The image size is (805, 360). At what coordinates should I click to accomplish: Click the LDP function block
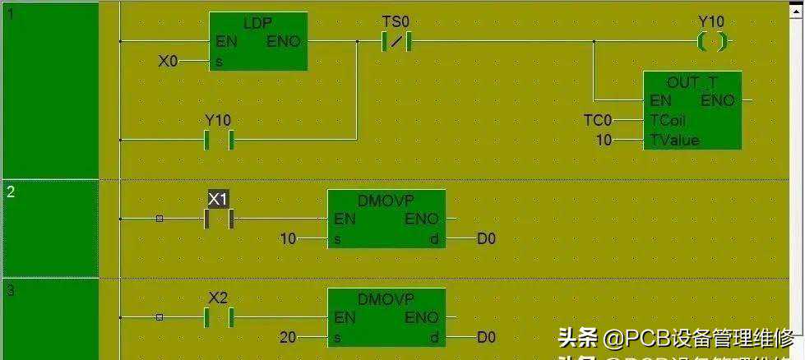pos(258,41)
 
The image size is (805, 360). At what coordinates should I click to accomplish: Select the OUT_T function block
pos(692,110)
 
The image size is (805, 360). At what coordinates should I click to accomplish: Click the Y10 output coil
pos(712,41)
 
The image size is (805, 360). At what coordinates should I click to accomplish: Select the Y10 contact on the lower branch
pos(219,140)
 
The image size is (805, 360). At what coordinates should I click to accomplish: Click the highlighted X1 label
pos(218,199)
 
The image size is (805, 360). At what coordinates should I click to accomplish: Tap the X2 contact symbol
pos(220,317)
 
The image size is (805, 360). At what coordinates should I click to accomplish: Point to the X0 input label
pos(168,60)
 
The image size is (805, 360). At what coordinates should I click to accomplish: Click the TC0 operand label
pos(598,121)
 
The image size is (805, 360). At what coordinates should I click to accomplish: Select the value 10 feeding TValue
pos(604,141)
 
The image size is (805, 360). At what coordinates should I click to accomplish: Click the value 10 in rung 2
pos(288,239)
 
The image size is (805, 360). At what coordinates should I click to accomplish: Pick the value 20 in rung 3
pos(288,337)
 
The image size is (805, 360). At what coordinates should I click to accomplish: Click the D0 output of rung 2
pos(487,239)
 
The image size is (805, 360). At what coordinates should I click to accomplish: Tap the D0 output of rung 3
pos(487,337)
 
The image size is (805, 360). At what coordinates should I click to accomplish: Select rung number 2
pos(11,192)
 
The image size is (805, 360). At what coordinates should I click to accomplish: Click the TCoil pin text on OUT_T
pos(668,121)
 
